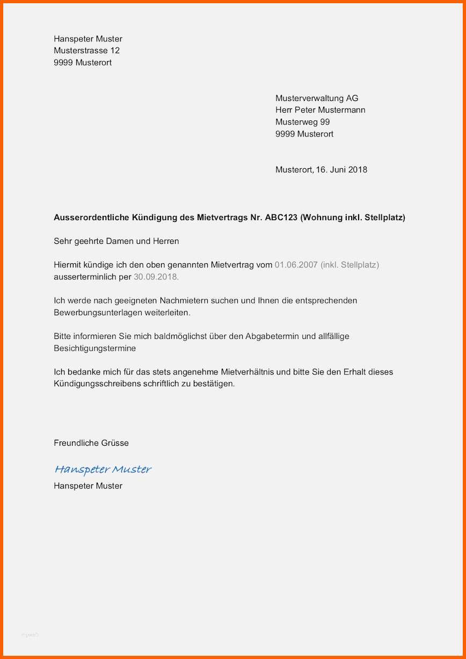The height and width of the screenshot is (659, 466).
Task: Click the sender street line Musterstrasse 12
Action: (86, 50)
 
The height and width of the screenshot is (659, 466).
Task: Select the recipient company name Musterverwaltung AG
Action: (317, 98)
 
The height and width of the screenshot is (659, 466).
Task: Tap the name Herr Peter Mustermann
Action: (321, 110)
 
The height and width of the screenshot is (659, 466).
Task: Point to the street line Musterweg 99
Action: (303, 122)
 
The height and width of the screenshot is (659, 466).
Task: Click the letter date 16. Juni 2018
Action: (341, 170)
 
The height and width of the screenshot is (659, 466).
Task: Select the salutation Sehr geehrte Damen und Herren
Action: (116, 241)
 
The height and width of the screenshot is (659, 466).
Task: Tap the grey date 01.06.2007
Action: (296, 265)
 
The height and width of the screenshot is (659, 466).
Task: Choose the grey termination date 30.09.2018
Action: (156, 277)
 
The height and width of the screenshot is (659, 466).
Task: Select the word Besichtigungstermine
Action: (95, 348)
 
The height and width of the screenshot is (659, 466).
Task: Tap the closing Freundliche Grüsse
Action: (91, 443)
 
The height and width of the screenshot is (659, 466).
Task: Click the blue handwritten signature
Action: (103, 469)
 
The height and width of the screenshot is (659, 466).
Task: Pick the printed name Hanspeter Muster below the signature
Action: (88, 486)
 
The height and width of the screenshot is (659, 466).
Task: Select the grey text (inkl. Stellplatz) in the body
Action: (349, 265)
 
